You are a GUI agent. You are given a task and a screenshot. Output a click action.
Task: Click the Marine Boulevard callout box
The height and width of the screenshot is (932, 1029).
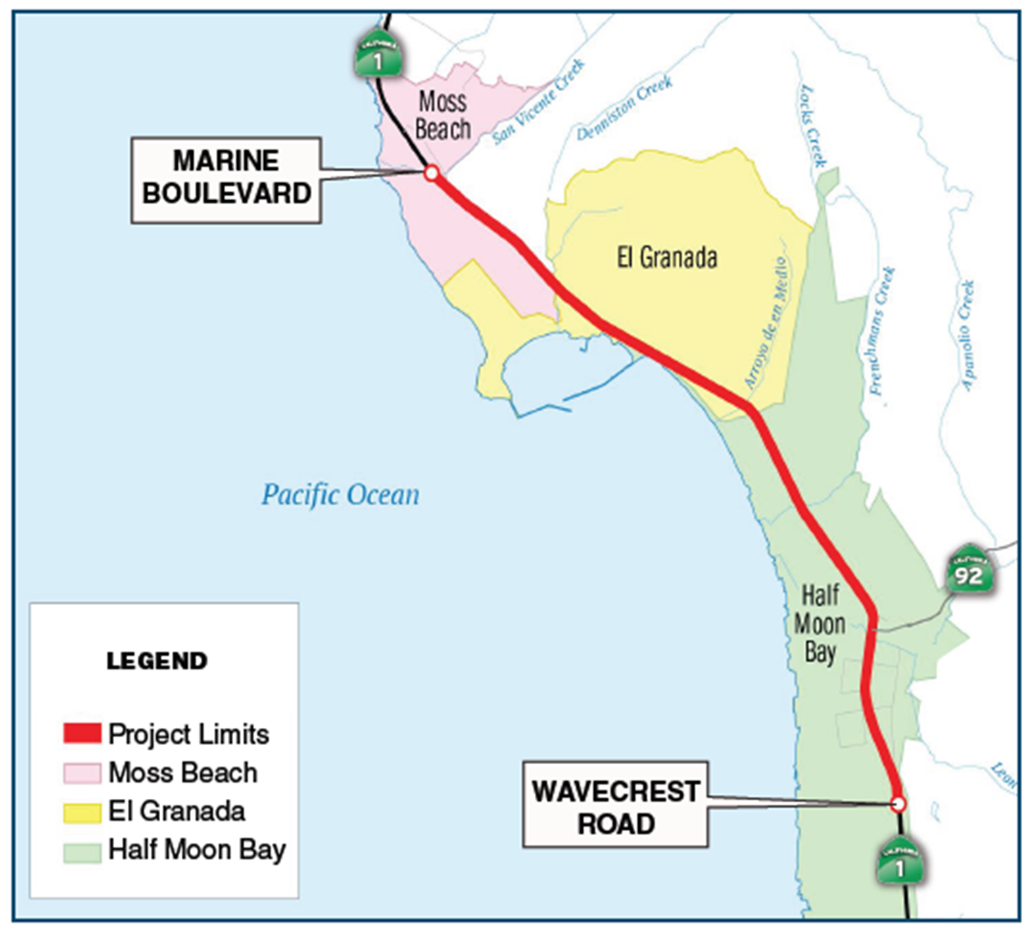226,180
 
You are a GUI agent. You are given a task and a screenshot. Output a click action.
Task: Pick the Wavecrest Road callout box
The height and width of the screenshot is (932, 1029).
615,805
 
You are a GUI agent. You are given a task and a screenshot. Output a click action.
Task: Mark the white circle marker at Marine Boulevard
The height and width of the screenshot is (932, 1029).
432,173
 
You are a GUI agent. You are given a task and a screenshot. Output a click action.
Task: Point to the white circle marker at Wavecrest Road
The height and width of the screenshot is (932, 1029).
897,804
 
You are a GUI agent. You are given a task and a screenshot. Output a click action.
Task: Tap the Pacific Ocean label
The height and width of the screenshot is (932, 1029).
340,495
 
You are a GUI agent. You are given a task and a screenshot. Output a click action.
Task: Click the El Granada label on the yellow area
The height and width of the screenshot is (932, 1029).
667,257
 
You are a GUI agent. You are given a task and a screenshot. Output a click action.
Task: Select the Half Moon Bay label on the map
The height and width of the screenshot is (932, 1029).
820,623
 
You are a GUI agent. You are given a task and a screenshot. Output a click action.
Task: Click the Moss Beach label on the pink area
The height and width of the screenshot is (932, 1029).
443,115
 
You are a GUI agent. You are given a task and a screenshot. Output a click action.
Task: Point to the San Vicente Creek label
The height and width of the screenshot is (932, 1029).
539,102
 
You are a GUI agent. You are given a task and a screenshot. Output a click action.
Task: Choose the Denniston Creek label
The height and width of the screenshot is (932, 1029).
624,109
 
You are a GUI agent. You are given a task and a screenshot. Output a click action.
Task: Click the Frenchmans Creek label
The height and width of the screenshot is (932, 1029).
882,330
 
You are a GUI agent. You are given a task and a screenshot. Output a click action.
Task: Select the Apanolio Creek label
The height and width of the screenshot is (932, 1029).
968,336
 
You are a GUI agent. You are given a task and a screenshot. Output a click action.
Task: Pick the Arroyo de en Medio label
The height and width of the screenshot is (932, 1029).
767,322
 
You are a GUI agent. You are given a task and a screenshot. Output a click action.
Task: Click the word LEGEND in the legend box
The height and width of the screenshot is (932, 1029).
157,661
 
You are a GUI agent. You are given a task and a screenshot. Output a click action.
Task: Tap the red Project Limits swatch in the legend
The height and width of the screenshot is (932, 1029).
82,733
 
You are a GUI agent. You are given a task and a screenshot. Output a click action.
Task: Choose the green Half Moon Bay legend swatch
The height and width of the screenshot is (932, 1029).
82,851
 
